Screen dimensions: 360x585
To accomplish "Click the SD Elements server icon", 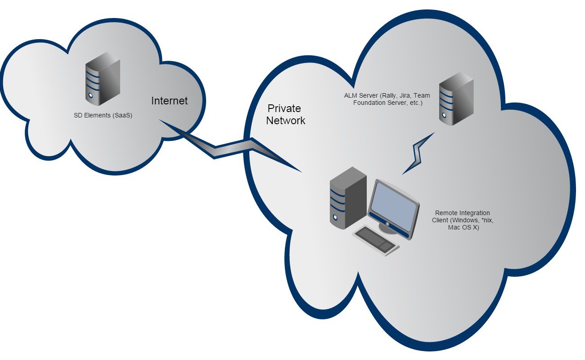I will (103, 78).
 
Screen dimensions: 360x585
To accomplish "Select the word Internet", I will (169, 101).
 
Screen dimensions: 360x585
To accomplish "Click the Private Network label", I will (285, 115).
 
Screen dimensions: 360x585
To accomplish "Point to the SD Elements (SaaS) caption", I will (103, 115).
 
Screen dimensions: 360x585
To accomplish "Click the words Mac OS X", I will (463, 228).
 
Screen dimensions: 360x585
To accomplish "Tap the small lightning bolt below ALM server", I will (418, 153).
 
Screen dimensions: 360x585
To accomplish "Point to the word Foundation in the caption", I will (370, 103).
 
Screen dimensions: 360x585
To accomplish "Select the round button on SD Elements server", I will (90, 95).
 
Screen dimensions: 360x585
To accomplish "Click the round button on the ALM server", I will (444, 115).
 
